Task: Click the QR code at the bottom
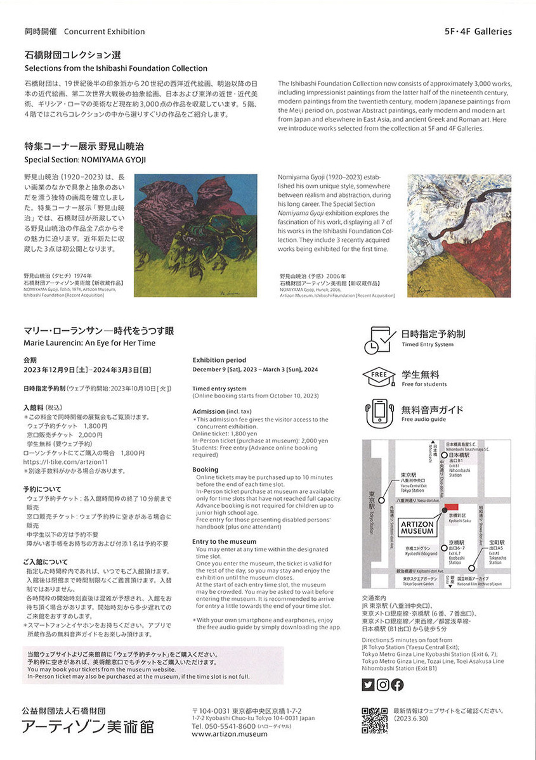[374, 720]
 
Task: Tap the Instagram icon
[382, 684]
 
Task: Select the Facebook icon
[397, 684]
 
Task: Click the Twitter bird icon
[368, 684]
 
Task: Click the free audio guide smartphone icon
[379, 412]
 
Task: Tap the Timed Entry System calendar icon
[377, 340]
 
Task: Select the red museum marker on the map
[451, 506]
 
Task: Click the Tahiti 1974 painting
[196, 235]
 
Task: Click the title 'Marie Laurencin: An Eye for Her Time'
[89, 343]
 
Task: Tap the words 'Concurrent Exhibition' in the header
[104, 31]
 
